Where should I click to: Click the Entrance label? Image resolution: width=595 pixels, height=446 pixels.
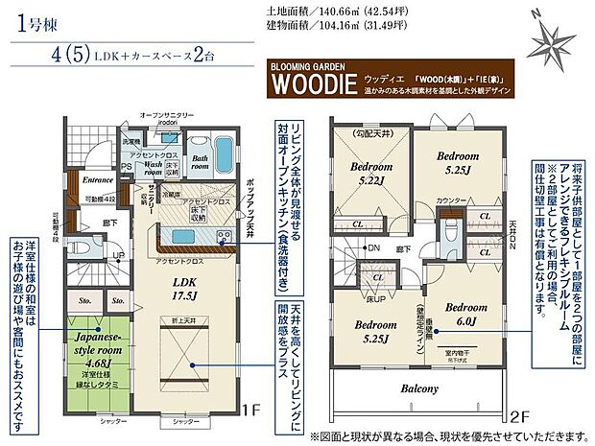click(98, 179)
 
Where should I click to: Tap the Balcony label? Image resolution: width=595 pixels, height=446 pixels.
click(420, 388)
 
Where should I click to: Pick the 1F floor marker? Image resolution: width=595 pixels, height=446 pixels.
click(252, 411)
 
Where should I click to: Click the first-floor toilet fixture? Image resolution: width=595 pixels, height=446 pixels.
click(80, 245)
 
